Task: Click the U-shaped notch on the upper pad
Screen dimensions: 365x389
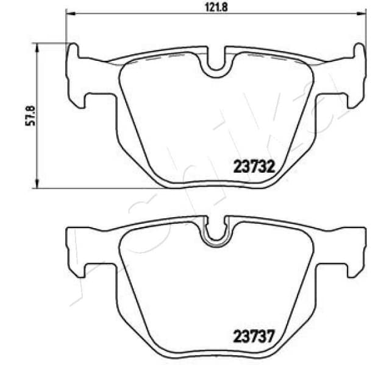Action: point(216,63)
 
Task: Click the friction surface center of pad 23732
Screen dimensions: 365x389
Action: point(216,122)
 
